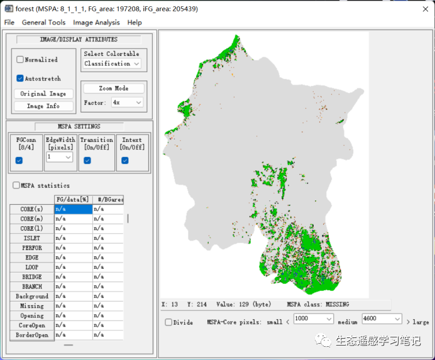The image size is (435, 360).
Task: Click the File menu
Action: click(9, 22)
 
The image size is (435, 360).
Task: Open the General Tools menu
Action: click(43, 22)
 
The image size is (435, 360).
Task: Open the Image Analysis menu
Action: click(96, 22)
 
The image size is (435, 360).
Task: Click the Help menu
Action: click(135, 22)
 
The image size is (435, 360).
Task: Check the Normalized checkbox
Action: click(20, 60)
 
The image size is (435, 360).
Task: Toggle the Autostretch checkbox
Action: click(20, 79)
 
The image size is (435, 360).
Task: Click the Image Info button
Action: click(43, 106)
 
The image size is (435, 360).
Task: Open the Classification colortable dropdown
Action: click(113, 63)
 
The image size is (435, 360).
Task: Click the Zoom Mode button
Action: click(113, 89)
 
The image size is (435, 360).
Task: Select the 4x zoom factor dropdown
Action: click(127, 102)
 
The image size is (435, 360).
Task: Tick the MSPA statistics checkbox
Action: click(16, 185)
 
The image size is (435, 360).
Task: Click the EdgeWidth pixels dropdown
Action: click(59, 156)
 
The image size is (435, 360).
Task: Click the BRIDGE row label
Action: click(31, 277)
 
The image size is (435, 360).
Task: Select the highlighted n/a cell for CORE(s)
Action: click(73, 209)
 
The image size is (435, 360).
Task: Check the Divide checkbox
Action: click(168, 322)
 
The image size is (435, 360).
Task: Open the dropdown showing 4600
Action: click(382, 319)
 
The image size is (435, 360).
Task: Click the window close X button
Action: click(420, 8)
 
